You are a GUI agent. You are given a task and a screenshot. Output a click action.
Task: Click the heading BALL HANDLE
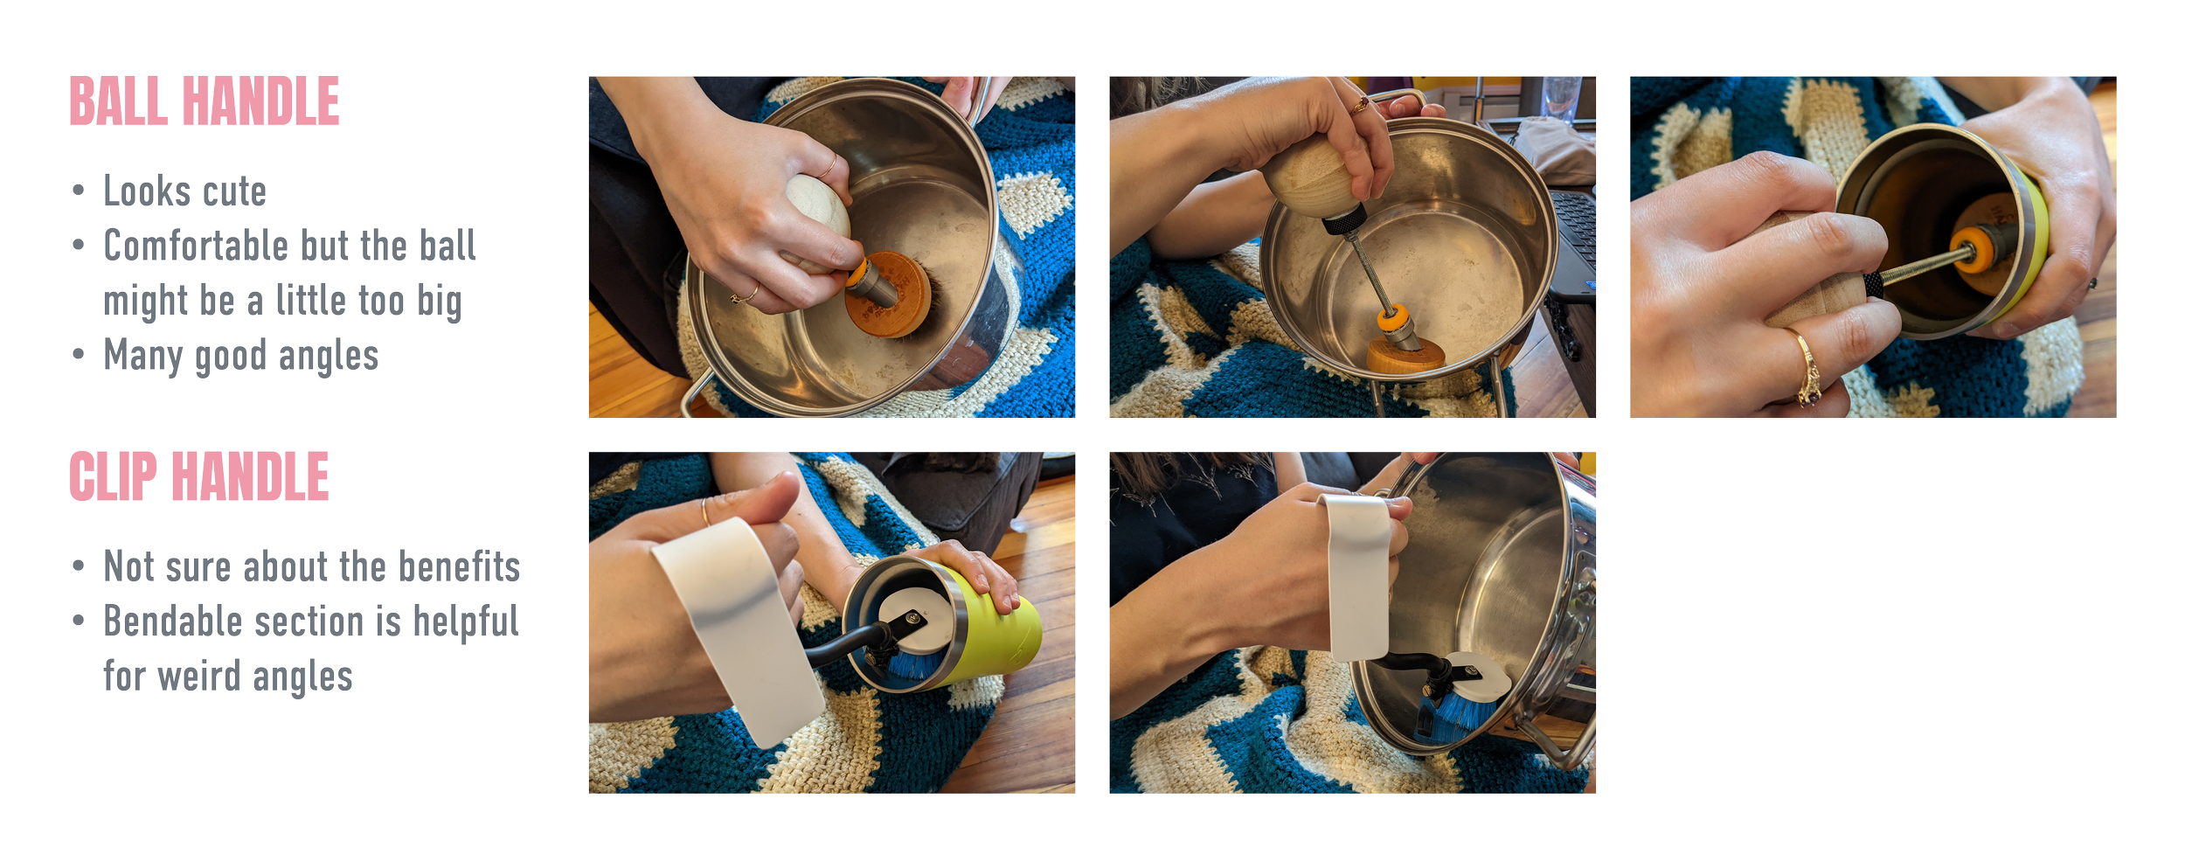[x=205, y=101]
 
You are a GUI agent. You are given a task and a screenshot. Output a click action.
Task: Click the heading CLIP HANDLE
[x=199, y=477]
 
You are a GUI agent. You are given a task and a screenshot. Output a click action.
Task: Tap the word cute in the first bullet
[x=235, y=191]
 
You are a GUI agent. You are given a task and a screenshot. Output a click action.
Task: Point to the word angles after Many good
[x=329, y=357]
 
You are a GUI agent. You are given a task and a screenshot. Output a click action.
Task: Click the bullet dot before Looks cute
[x=79, y=191]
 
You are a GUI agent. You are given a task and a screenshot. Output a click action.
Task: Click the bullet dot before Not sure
[x=79, y=566]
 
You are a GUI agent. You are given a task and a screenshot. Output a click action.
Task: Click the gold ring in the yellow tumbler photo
[x=1807, y=367]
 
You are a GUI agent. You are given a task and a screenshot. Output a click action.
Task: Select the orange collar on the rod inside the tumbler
[x=1970, y=250]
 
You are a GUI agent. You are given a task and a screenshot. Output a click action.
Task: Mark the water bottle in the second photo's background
[x=1560, y=98]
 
